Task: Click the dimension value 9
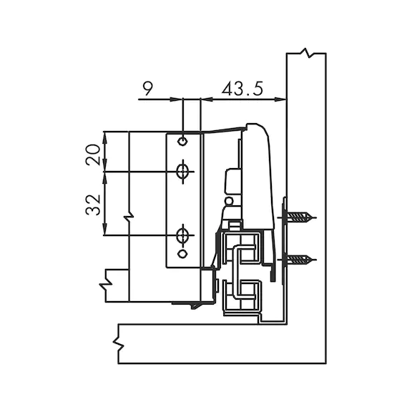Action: click(x=148, y=89)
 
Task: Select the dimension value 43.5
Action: click(x=242, y=89)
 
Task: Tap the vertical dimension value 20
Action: click(x=93, y=154)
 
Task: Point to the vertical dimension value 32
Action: click(x=93, y=205)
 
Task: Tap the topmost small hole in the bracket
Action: click(x=182, y=142)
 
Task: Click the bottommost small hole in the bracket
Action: click(x=182, y=254)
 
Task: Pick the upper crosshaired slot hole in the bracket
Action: click(x=182, y=172)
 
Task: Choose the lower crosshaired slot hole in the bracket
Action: click(x=182, y=235)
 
